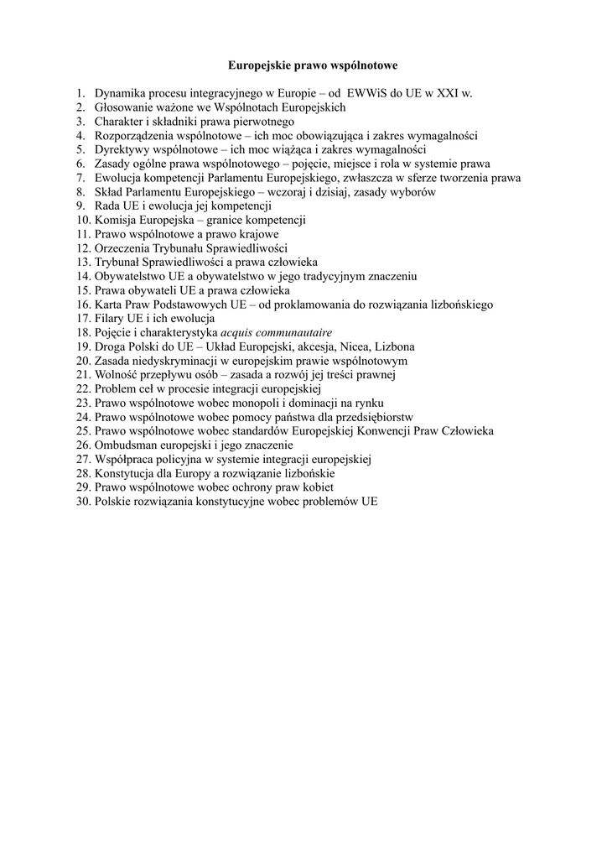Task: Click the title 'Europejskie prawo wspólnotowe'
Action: tap(302, 64)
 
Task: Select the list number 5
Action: tap(80, 149)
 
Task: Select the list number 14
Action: tap(82, 276)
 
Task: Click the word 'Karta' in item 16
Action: tap(107, 305)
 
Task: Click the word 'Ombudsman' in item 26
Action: tap(125, 445)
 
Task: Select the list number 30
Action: tap(82, 502)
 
